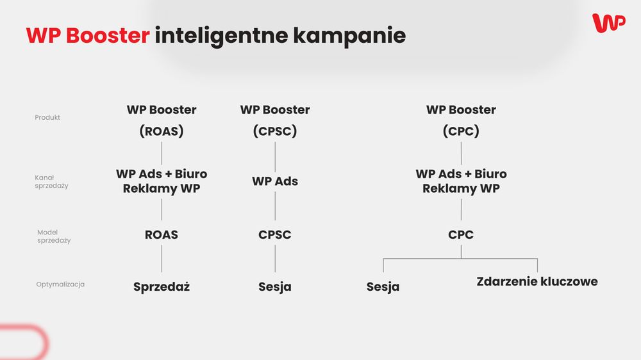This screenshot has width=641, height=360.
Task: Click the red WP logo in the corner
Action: coord(609,23)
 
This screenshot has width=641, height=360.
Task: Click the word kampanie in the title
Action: coord(349,36)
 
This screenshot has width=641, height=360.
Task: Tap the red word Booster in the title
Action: coord(108,35)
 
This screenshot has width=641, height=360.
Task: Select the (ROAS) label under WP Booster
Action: coord(162,131)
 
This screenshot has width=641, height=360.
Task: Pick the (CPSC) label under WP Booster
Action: coord(275,131)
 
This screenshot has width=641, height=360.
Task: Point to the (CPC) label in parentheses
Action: coord(461,131)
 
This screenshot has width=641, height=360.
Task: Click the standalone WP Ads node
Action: coord(275,181)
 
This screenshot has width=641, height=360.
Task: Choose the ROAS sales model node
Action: coord(162,234)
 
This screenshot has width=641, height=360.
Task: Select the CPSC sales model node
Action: coord(275,234)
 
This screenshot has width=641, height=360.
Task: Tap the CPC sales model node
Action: coord(461,234)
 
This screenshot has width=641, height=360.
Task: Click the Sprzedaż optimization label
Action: coord(162,287)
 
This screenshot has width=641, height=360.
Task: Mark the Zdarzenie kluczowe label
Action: coord(537,282)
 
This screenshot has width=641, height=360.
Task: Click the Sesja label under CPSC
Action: coord(275,287)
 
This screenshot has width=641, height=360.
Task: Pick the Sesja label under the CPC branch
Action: coord(383,287)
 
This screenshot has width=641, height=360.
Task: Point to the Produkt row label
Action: coord(47,117)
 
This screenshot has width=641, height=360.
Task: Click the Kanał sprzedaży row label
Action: coord(51,181)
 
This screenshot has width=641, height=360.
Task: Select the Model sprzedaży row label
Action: coord(54,236)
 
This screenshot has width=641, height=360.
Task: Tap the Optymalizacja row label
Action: coord(60,284)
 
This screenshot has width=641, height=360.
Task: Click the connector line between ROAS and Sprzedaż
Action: coord(162,259)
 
